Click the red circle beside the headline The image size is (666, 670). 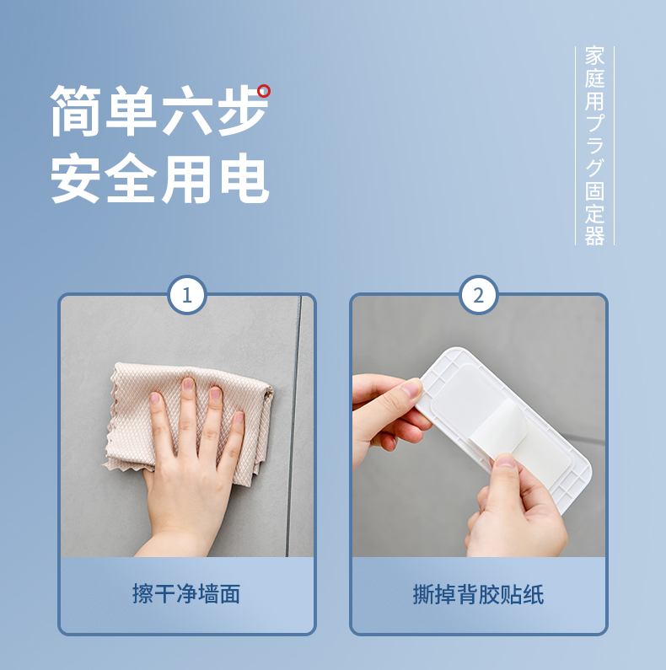click(x=264, y=91)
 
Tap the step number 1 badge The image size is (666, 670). click(x=187, y=295)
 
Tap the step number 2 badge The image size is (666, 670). click(x=479, y=295)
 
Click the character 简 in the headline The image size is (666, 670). click(x=76, y=110)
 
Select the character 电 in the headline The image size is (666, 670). click(x=244, y=178)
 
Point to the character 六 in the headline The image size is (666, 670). click(x=187, y=110)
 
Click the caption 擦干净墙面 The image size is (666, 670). click(x=186, y=593)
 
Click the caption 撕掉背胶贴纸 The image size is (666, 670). click(x=478, y=594)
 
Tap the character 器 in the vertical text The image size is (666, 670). click(x=594, y=235)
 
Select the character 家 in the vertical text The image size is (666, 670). click(x=594, y=56)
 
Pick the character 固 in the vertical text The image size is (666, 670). click(x=594, y=190)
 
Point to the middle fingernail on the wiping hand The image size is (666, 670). click(x=188, y=383)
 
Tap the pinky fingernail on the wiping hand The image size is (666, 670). click(x=239, y=416)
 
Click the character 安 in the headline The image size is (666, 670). click(x=76, y=178)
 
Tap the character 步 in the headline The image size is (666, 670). click(x=243, y=110)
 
